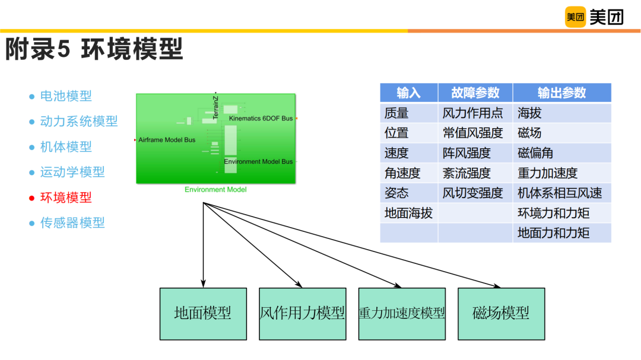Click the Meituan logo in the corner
coord(594,17)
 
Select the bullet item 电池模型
coord(66,96)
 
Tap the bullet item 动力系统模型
coord(78,122)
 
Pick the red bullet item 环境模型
coord(66,197)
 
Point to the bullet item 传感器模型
coord(72,223)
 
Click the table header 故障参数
coord(475,93)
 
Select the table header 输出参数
coord(561,93)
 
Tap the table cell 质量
coord(396,113)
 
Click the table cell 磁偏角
coord(535,153)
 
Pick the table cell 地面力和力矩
coord(553,233)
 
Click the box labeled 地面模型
coord(203,314)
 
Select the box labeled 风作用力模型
coord(302,314)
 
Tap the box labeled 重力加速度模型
coord(402,314)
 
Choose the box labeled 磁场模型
coord(501,314)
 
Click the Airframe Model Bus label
coord(167,140)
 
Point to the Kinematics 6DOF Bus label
coord(261,119)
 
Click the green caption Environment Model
coord(215,190)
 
